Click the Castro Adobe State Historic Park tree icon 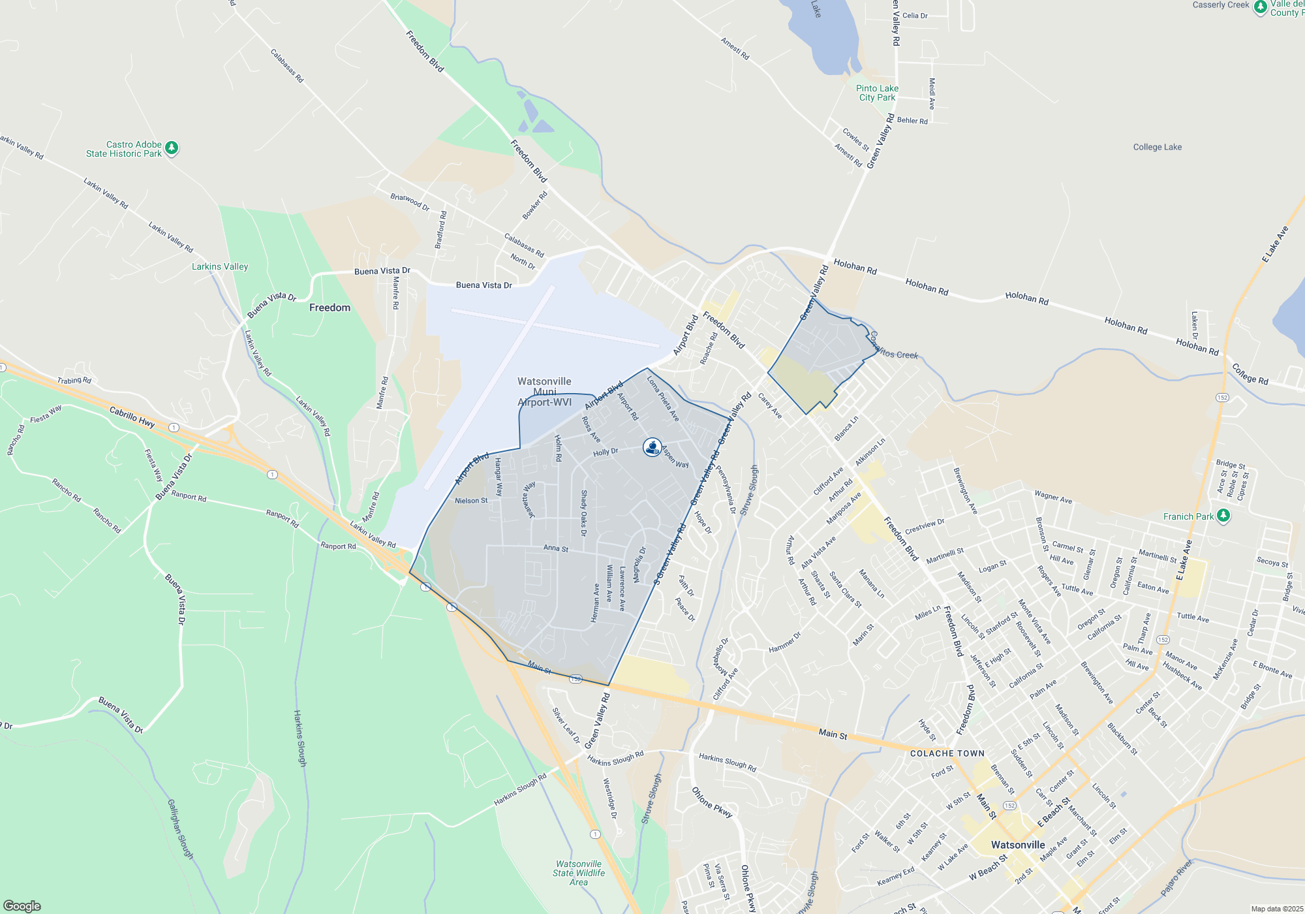coord(172,148)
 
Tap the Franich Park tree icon coord(1223,516)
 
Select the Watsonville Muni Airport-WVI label coord(544,392)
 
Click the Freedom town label coord(330,307)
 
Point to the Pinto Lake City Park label coord(877,93)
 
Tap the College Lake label coord(1157,147)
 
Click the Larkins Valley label coord(220,266)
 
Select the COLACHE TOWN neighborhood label coord(947,753)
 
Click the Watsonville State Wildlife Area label coord(579,873)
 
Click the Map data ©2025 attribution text coord(1277,909)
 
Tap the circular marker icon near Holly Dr coord(652,447)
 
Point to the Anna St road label coord(556,548)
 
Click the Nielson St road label coord(471,501)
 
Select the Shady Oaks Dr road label coord(584,513)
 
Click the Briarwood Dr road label coord(410,202)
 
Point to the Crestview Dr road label coord(925,526)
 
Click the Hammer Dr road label coord(784,642)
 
